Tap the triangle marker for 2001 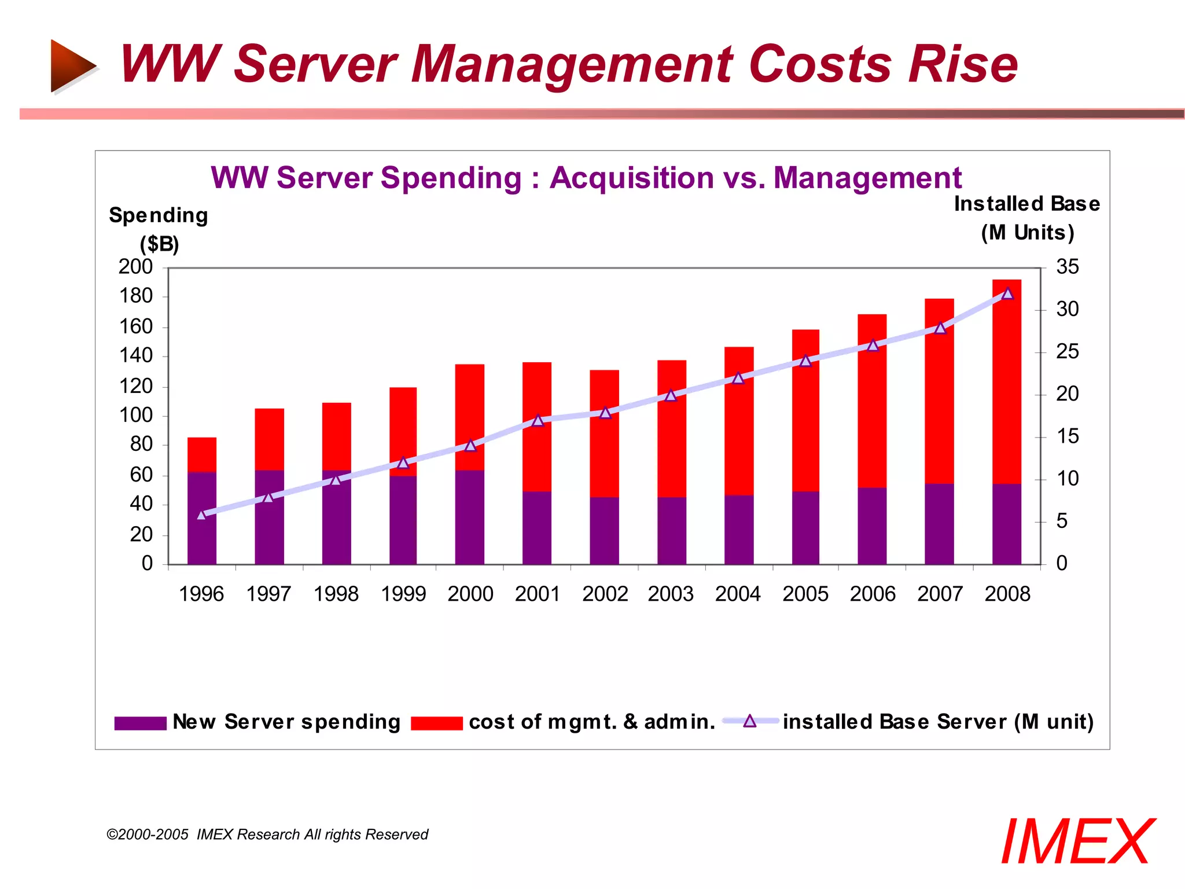538,420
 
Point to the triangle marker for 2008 1007,293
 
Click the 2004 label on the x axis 738,594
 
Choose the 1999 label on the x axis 403,594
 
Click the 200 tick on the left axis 135,267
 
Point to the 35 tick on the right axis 1067,267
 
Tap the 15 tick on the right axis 1067,436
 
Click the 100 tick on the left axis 135,415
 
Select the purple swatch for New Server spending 140,723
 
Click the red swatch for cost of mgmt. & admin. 436,723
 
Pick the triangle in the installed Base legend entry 750,721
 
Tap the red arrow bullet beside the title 72,65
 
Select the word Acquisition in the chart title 632,178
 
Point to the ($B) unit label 159,244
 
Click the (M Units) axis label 1027,233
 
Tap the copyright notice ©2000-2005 148,835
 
